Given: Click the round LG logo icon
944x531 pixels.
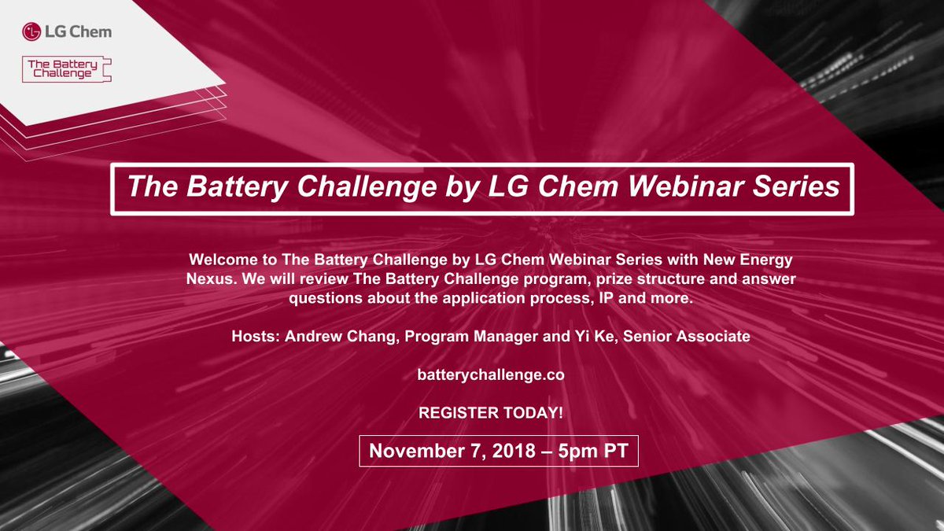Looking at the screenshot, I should point(31,32).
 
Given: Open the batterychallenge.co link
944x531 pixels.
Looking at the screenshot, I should point(490,375).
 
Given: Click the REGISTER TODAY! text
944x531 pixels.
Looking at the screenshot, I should point(491,413).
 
